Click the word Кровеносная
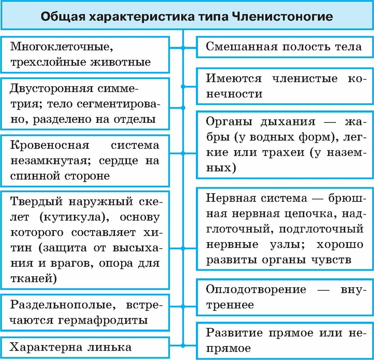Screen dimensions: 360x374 pyautogui.click(x=50, y=145)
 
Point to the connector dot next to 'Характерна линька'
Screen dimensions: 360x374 pyautogui.click(x=183, y=345)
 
